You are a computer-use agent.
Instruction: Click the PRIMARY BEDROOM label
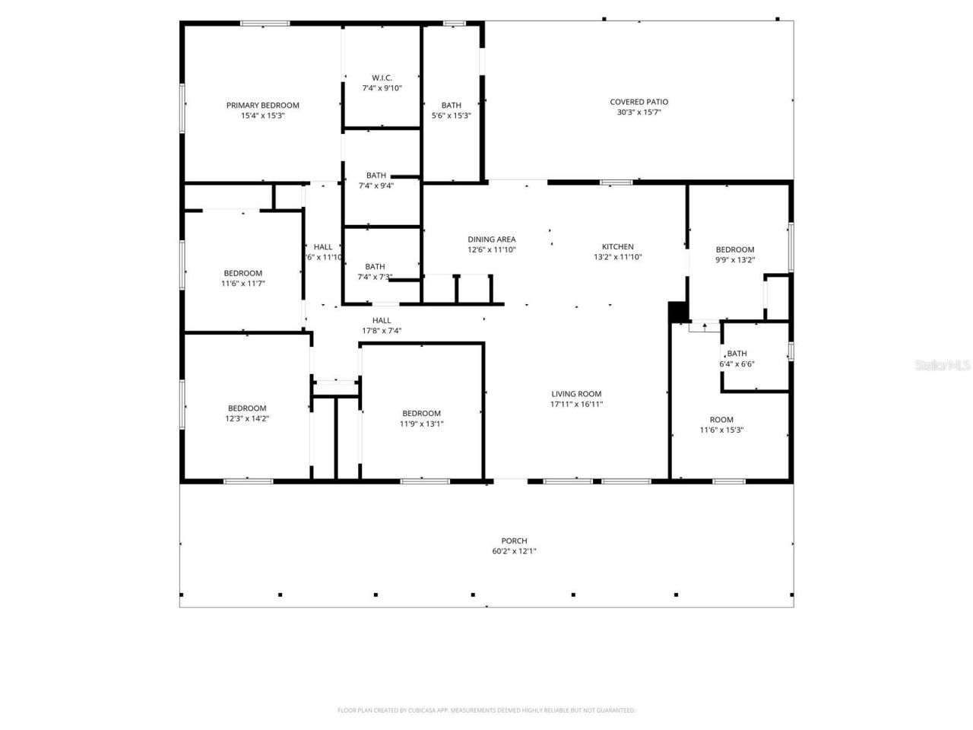tap(262, 105)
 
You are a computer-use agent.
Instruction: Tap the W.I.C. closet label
tap(382, 78)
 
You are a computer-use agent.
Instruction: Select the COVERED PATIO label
tap(639, 102)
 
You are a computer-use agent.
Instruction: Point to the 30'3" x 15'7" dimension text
tap(639, 113)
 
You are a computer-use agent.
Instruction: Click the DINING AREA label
tap(491, 240)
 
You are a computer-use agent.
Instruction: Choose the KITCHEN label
tap(617, 246)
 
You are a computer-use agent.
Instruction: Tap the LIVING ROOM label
tap(576, 394)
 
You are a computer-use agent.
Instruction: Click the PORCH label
tap(514, 541)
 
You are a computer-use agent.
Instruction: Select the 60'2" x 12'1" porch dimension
tap(514, 551)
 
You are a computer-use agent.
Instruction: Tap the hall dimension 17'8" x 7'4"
tap(382, 331)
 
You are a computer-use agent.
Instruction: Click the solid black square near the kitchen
tap(677, 312)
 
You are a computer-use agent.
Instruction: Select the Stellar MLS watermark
tap(943, 365)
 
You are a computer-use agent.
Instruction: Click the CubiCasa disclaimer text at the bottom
tap(486, 710)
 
